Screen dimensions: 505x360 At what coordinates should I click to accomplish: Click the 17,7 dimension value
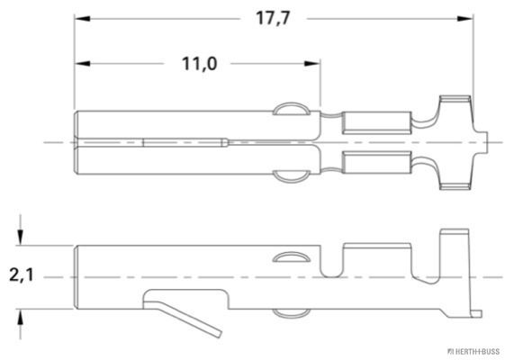point(273,18)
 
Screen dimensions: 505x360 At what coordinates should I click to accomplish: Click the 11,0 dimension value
point(199,63)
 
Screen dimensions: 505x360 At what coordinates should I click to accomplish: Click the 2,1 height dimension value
point(22,275)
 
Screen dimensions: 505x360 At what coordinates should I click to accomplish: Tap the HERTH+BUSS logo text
point(474,351)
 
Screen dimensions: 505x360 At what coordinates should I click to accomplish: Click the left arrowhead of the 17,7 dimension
point(82,19)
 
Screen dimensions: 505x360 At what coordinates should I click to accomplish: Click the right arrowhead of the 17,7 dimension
point(465,19)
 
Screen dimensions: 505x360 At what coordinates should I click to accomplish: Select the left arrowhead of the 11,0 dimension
point(82,63)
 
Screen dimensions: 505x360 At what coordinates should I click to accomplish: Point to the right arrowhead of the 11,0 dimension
point(312,63)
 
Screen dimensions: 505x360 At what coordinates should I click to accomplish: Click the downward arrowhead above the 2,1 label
point(21,238)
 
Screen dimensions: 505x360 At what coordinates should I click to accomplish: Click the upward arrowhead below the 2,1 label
point(21,317)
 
